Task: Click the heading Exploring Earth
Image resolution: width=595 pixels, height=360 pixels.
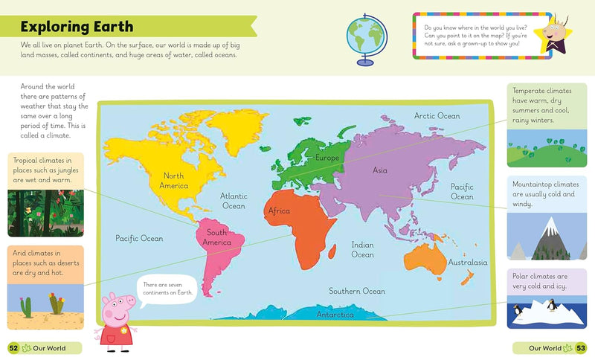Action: coord(77,28)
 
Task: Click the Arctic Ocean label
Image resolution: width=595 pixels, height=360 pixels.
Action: coord(437,116)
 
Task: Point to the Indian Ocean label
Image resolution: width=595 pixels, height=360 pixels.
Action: coord(362,249)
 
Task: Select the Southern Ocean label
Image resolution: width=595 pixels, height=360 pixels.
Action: coord(357,291)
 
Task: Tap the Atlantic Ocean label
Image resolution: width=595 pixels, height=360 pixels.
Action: coord(234,201)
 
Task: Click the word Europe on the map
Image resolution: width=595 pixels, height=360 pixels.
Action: coord(327,158)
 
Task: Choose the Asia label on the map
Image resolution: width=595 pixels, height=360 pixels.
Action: coord(380,170)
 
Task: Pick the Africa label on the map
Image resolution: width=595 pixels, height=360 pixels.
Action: coord(279,211)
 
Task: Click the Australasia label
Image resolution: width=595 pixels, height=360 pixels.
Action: coord(468,262)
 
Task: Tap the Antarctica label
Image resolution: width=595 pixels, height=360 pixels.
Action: coord(335,315)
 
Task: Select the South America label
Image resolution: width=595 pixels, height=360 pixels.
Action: coord(217,237)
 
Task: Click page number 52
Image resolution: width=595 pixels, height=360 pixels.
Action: coord(13,347)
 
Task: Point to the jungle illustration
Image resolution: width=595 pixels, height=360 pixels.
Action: coord(45,213)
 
